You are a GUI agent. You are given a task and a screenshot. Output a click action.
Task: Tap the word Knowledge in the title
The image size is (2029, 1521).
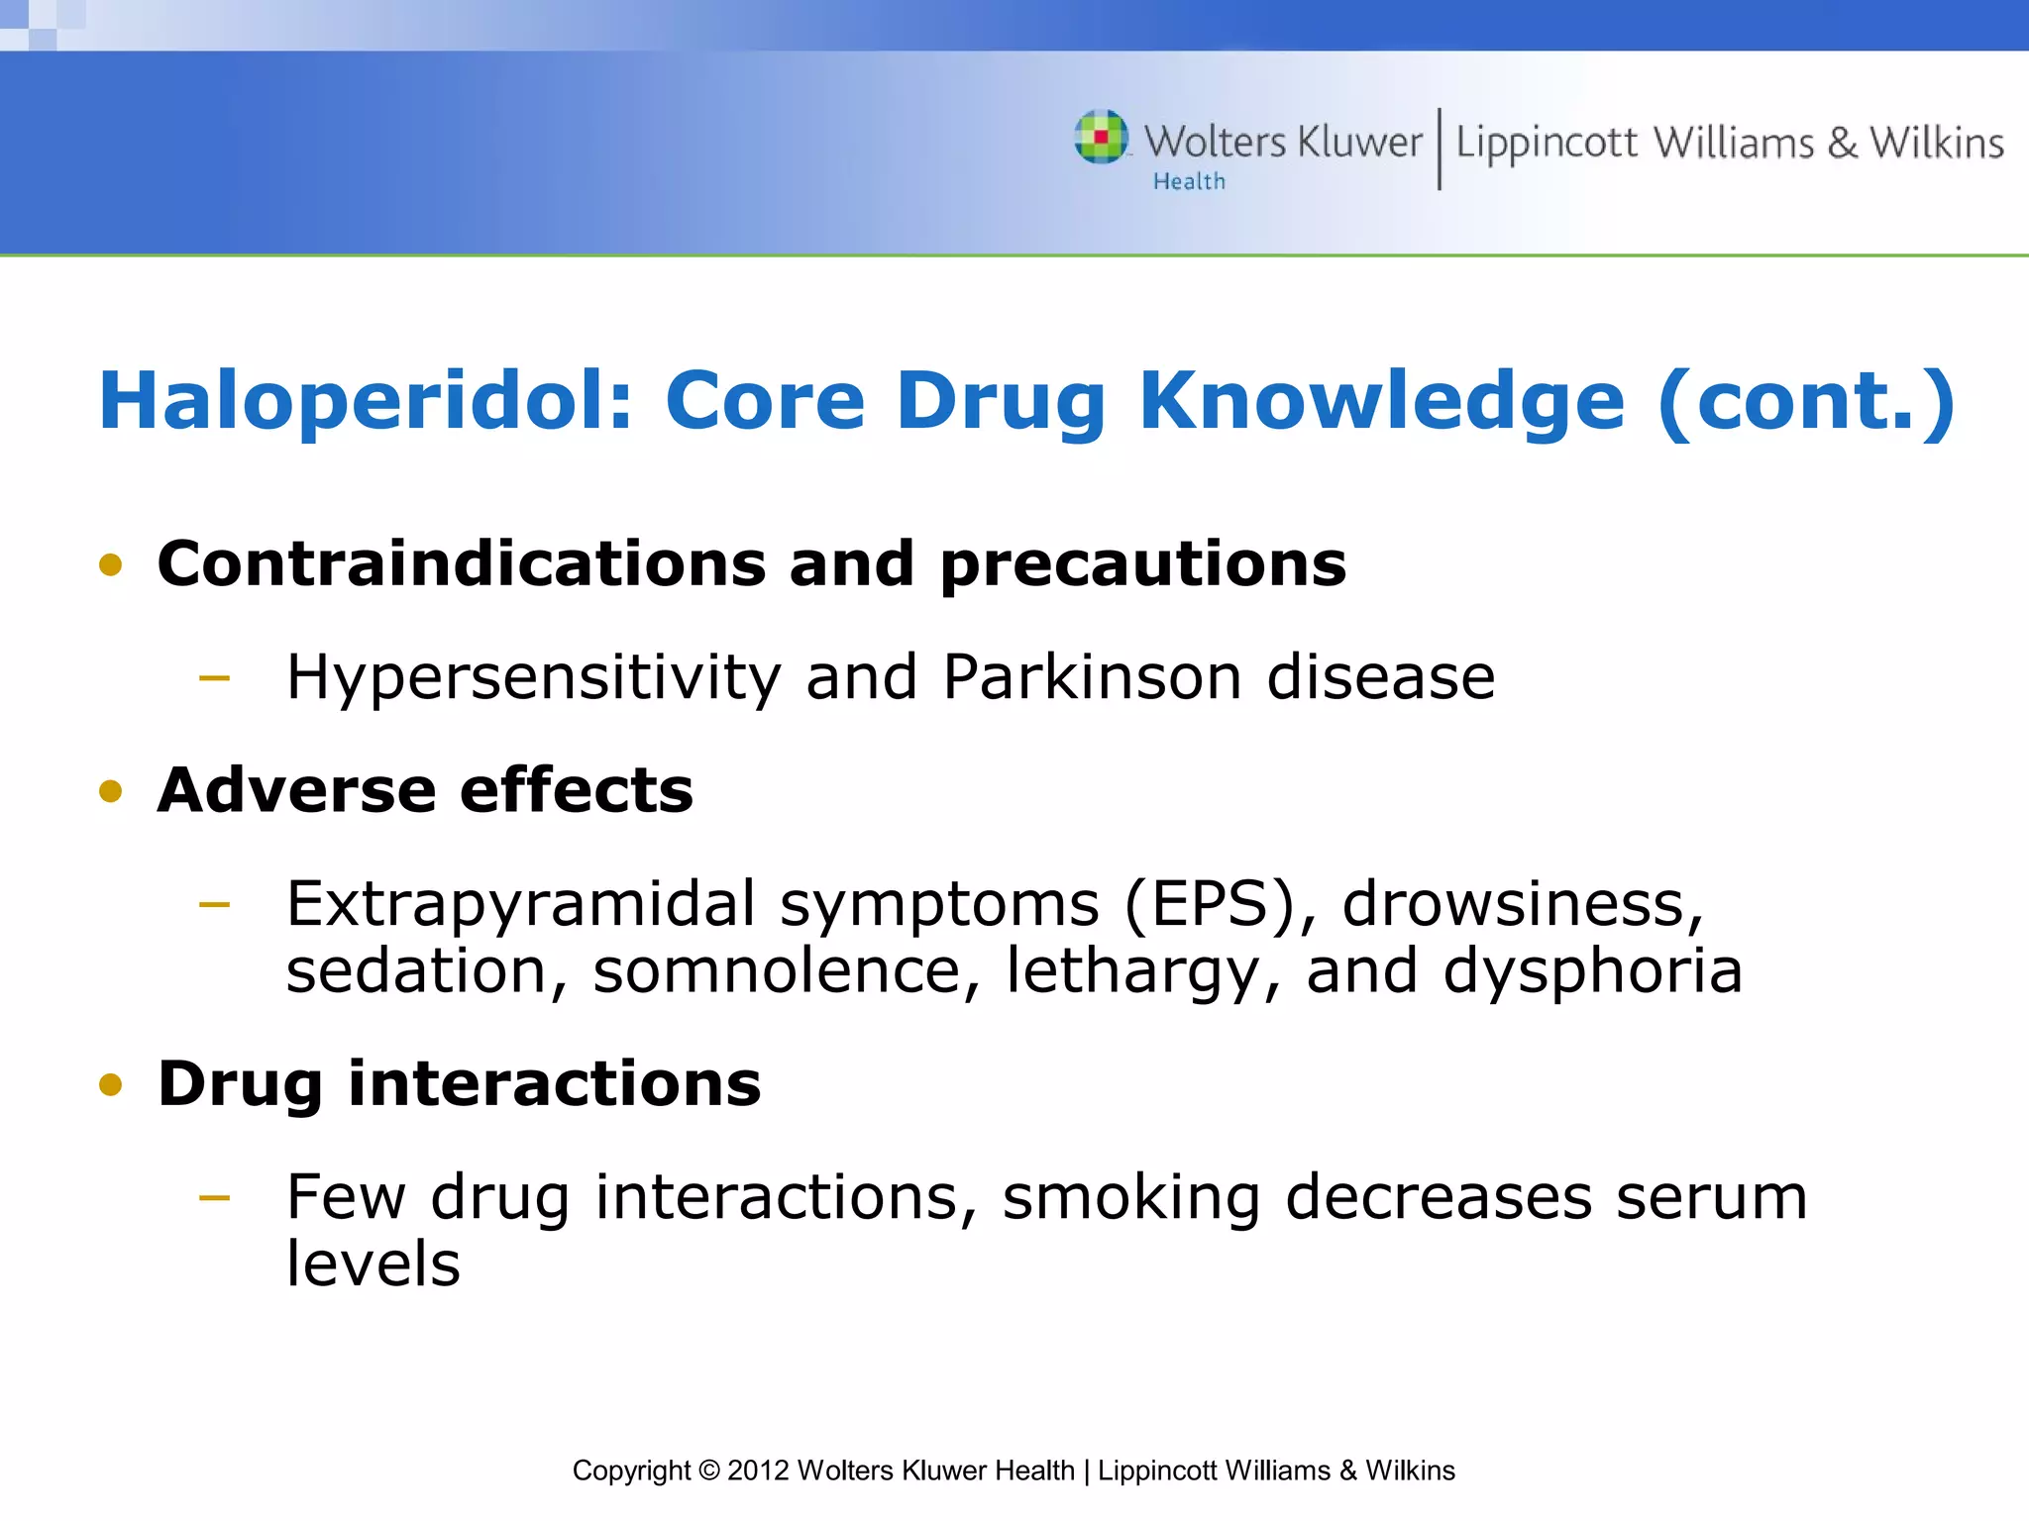[1381, 401]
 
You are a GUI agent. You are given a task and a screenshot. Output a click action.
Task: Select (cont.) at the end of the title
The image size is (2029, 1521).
[1805, 401]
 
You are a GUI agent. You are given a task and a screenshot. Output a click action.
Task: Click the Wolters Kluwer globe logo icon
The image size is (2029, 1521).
[1102, 137]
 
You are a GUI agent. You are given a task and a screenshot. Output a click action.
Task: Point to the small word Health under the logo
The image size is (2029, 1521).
[1189, 182]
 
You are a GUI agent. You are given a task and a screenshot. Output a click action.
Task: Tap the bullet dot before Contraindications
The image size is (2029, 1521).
[110, 565]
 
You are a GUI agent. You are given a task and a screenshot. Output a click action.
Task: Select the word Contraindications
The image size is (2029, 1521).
[461, 564]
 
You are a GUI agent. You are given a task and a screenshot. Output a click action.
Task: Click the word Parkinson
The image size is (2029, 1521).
[1092, 677]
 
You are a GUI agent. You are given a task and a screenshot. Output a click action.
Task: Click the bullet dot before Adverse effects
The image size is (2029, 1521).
[110, 791]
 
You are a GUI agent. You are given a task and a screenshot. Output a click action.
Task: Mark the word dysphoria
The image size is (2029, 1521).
[1592, 972]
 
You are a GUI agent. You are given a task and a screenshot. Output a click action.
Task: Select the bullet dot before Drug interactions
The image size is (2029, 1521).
[110, 1085]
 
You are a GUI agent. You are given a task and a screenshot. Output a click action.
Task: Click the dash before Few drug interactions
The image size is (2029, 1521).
[214, 1198]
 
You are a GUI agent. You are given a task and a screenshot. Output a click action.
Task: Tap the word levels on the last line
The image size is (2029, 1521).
[374, 1265]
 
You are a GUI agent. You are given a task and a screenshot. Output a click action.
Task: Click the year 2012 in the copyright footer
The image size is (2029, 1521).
[758, 1470]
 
